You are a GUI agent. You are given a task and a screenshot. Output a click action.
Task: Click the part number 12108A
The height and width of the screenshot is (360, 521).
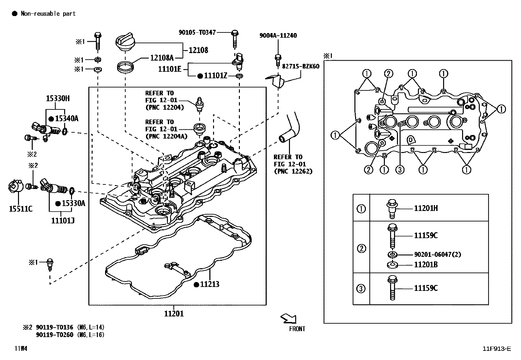[162, 58]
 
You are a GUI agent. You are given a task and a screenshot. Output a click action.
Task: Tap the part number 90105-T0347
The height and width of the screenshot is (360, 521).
[197, 32]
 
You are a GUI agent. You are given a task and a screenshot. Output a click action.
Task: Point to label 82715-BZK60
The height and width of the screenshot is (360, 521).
[300, 66]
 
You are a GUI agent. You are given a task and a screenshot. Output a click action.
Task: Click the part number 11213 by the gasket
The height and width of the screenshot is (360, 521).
[209, 284]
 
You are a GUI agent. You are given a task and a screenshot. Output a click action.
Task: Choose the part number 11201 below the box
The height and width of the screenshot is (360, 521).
[174, 314]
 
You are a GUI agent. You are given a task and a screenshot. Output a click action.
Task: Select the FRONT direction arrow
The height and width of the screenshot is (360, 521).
[289, 318]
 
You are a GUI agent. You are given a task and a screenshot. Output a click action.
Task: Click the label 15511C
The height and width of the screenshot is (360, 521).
[21, 209]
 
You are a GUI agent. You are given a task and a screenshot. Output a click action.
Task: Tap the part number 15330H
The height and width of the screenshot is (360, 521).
[57, 98]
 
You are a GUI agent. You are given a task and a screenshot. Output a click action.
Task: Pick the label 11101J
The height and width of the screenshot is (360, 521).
[63, 221]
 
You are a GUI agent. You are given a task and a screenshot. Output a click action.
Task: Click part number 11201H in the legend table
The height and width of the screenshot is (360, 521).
[426, 208]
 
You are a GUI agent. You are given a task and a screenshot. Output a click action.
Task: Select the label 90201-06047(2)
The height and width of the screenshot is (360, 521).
[438, 255]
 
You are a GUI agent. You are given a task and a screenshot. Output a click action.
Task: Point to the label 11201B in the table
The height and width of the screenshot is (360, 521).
[426, 265]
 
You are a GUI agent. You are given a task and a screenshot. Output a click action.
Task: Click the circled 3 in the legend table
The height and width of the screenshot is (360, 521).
[361, 289]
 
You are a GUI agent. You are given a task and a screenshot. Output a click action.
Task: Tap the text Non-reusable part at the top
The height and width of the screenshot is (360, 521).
[48, 13]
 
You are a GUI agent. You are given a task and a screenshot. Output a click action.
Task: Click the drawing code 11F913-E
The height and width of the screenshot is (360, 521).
[496, 349]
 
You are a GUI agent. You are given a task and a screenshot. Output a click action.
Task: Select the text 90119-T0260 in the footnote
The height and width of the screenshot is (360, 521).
[55, 334]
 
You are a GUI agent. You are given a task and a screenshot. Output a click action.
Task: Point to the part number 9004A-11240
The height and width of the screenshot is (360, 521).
[278, 35]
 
